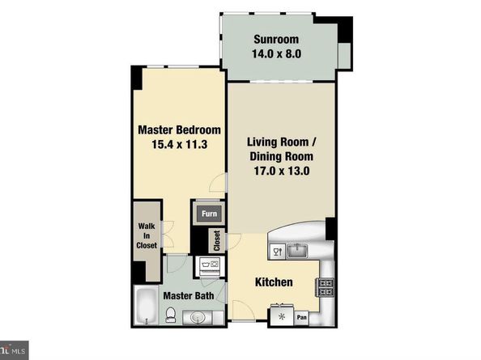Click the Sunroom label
(276, 40)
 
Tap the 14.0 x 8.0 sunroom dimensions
(276, 54)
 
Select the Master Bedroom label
(179, 130)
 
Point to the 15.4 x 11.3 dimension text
(180, 144)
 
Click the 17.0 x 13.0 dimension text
(282, 171)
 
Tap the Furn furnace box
(209, 214)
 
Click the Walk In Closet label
(147, 235)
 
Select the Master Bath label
(189, 295)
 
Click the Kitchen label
(274, 282)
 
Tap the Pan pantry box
(302, 317)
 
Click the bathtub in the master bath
(147, 306)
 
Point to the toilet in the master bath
(170, 315)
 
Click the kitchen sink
(297, 251)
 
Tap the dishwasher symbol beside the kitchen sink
(278, 252)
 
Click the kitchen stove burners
(326, 287)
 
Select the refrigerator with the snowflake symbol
(282, 316)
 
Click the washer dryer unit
(210, 266)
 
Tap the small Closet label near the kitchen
(217, 241)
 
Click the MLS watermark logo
(14, 350)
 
